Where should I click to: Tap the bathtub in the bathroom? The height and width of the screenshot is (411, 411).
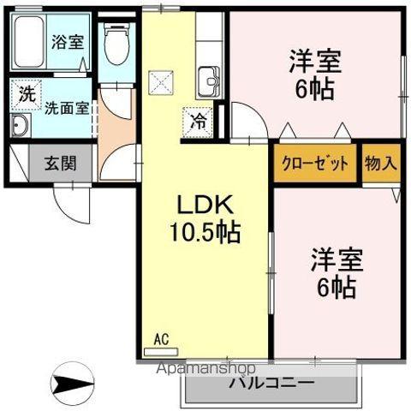[29, 43]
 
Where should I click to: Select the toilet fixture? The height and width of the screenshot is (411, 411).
[115, 43]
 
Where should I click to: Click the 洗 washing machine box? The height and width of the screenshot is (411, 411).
[26, 94]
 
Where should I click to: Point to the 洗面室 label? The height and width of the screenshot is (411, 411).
[66, 108]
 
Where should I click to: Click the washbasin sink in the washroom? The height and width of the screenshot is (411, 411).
[21, 128]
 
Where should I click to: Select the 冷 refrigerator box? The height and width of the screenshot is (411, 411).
[197, 121]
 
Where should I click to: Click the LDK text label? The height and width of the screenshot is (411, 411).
[205, 205]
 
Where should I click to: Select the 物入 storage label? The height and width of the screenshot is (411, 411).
[379, 163]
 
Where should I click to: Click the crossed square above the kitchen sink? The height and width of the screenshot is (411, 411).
[160, 81]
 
